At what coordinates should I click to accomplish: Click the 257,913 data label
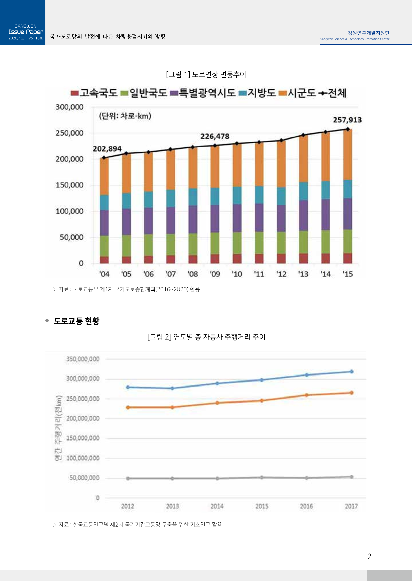click(347, 120)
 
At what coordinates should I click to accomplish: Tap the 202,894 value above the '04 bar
click(107, 149)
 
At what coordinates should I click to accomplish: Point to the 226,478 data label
click(215, 136)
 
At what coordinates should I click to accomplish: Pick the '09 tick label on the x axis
click(215, 274)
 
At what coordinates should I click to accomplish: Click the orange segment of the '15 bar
click(348, 154)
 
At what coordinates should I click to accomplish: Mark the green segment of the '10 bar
click(237, 243)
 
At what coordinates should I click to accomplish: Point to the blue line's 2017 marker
click(352, 371)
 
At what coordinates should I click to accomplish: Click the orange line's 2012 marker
click(128, 407)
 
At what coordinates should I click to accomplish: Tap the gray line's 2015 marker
click(262, 477)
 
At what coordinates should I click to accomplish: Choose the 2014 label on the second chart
click(217, 506)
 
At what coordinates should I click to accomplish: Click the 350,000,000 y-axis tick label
click(83, 359)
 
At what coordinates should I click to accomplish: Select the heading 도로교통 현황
click(76, 321)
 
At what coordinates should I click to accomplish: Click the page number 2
click(369, 556)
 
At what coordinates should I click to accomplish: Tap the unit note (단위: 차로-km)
click(125, 116)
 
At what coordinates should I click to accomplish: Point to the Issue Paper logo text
click(26, 32)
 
